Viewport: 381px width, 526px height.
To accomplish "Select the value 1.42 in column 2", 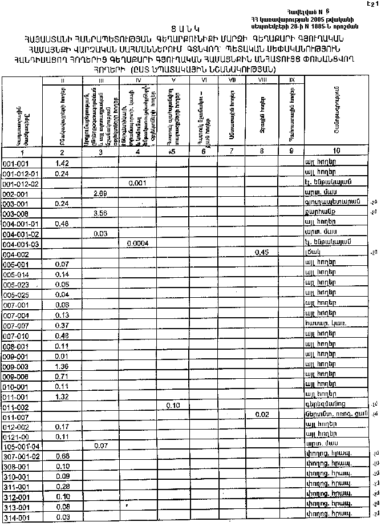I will click(x=62, y=164).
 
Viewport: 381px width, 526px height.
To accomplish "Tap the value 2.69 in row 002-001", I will click(x=100, y=194).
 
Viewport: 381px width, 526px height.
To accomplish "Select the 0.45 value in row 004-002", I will click(x=262, y=253).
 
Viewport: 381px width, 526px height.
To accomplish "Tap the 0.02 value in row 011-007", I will click(x=262, y=415).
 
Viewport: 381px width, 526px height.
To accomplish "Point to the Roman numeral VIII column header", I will click(x=262, y=80).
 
